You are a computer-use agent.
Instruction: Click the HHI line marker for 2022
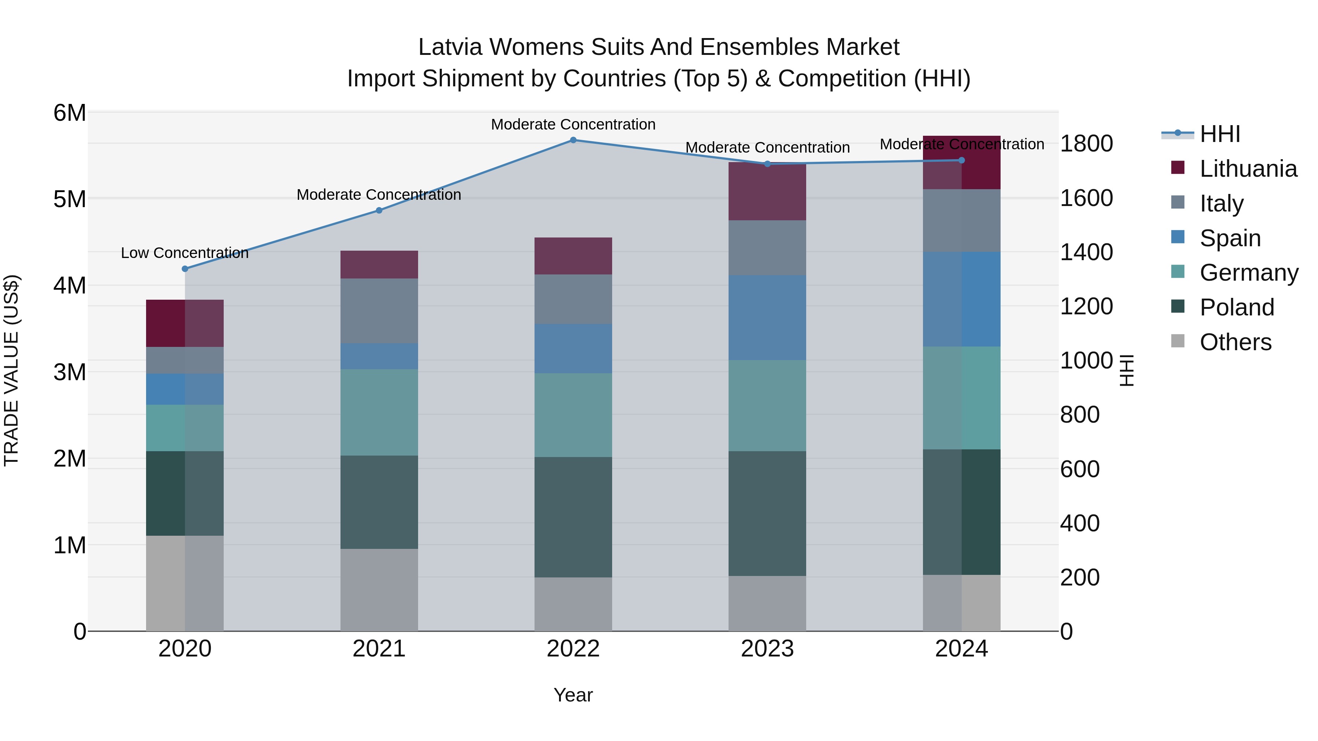point(573,140)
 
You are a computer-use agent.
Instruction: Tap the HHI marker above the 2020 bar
point(185,269)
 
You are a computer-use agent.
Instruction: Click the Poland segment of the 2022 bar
point(573,517)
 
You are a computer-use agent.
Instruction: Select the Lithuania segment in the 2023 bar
point(767,192)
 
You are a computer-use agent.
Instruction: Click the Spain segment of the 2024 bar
point(961,299)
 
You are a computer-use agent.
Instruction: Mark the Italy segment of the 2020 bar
point(185,360)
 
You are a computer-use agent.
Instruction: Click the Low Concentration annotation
point(185,253)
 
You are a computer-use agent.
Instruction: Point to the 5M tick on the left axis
point(70,199)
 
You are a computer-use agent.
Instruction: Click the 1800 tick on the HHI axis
point(1086,144)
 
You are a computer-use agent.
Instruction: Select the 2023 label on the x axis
point(767,649)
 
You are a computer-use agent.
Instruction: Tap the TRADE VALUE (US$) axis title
point(11,371)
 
